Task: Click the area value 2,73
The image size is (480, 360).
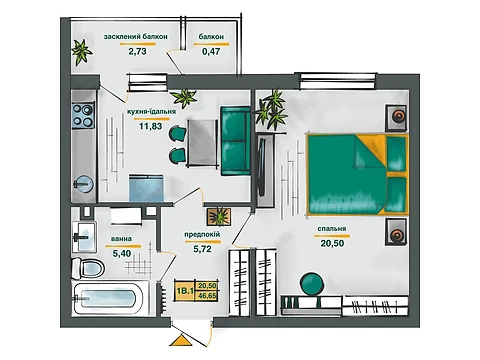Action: (x=137, y=51)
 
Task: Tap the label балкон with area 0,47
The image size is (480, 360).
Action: (x=211, y=37)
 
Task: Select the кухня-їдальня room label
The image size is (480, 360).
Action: (x=151, y=112)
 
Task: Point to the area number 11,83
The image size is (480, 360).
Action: (x=151, y=126)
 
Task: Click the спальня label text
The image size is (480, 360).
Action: (x=332, y=229)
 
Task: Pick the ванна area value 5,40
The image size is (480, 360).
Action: (x=122, y=254)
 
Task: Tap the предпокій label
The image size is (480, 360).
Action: (x=202, y=235)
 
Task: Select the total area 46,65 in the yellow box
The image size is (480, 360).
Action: (x=207, y=295)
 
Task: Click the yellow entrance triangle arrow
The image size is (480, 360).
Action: (x=181, y=340)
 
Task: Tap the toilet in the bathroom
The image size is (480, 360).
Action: (x=87, y=267)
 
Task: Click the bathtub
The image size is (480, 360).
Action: (x=109, y=298)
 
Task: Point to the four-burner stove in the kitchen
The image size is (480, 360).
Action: (x=83, y=116)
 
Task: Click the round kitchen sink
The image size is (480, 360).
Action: (x=83, y=184)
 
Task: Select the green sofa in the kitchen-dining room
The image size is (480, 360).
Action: (x=235, y=141)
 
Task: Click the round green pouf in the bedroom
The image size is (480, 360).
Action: (x=312, y=284)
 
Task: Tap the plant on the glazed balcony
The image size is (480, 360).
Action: (x=81, y=52)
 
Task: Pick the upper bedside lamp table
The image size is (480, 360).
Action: (x=397, y=117)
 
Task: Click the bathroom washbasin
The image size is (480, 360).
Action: (x=84, y=237)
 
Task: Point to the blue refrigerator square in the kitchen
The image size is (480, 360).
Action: (x=146, y=187)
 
